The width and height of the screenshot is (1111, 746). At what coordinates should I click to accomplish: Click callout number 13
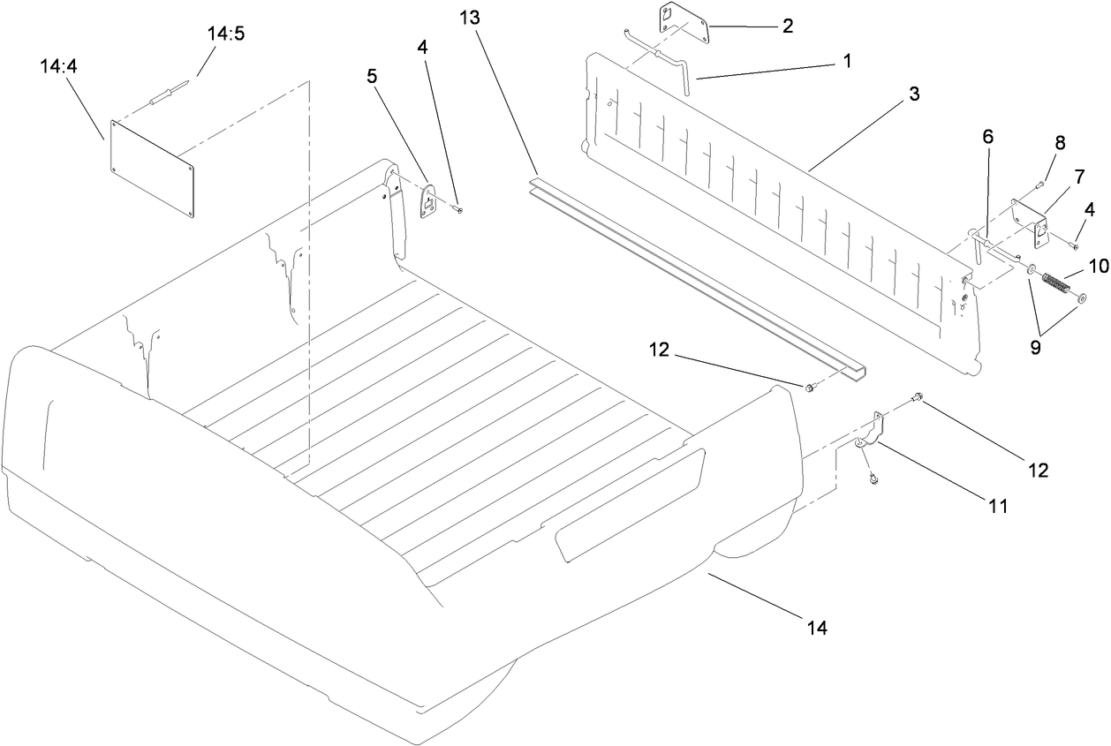pyautogui.click(x=474, y=17)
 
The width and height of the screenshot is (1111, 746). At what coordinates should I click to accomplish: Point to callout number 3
pyautogui.click(x=914, y=94)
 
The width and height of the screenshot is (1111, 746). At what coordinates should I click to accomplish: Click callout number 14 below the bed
pyautogui.click(x=816, y=629)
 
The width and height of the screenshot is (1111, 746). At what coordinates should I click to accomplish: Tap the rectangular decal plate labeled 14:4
pyautogui.click(x=152, y=168)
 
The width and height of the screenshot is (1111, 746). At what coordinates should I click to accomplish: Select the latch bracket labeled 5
pyautogui.click(x=428, y=202)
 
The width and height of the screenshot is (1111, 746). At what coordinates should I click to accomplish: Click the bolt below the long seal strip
pyautogui.click(x=809, y=387)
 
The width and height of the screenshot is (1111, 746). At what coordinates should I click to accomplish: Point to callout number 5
pyautogui.click(x=372, y=77)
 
